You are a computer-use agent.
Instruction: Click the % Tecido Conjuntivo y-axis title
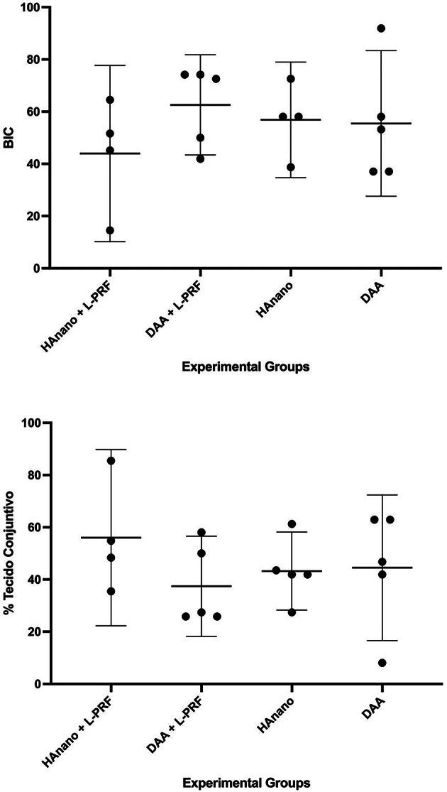tap(9, 553)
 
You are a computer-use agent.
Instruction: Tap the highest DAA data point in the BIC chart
tap(381, 28)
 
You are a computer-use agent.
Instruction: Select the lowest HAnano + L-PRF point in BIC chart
tap(110, 230)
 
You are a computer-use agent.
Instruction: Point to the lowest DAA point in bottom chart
tap(382, 663)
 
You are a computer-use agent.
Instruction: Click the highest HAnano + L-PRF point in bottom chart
tap(111, 460)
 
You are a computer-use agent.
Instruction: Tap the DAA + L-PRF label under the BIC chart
tap(177, 305)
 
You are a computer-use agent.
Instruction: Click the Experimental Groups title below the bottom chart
tap(245, 783)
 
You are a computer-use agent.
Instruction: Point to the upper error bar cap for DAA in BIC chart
tap(381, 50)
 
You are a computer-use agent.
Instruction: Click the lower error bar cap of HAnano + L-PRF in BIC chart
tap(110, 242)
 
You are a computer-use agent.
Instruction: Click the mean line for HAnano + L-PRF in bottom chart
tap(110, 538)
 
